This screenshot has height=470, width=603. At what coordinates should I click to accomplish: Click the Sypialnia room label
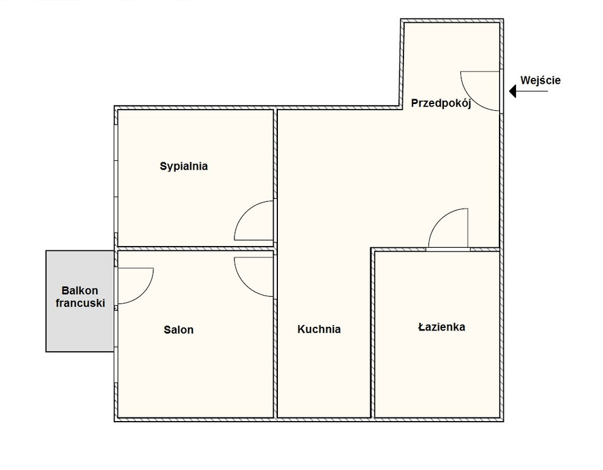(184, 166)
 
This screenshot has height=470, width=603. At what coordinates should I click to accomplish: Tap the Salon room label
(178, 330)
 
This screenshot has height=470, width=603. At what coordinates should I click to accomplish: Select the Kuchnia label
(319, 329)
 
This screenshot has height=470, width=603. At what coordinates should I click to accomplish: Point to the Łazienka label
(441, 327)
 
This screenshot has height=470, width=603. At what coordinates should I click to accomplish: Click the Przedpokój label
(441, 103)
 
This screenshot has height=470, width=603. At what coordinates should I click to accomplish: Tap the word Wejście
(541, 81)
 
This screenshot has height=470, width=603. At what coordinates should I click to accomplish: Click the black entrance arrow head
(512, 91)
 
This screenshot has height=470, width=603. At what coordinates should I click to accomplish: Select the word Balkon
(80, 291)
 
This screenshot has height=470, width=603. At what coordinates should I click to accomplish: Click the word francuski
(80, 303)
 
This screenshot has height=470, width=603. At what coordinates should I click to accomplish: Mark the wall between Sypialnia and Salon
(195, 248)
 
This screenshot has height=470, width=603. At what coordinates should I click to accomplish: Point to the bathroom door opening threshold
(448, 250)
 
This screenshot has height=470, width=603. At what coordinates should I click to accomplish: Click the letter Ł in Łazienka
(421, 327)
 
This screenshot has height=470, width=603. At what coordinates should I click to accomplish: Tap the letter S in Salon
(167, 330)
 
